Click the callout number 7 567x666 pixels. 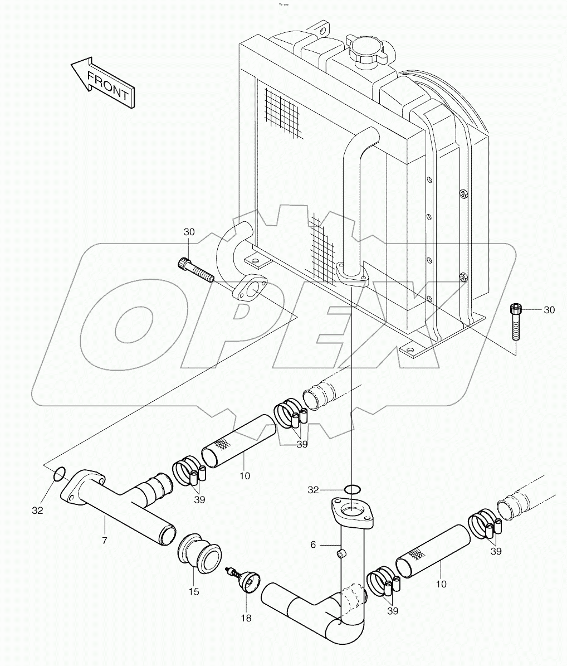(x=104, y=541)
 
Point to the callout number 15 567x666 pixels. (x=193, y=591)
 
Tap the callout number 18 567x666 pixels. (x=246, y=618)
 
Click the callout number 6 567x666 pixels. (x=313, y=545)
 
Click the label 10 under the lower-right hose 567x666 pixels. (x=441, y=584)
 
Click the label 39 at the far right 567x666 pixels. (x=496, y=551)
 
